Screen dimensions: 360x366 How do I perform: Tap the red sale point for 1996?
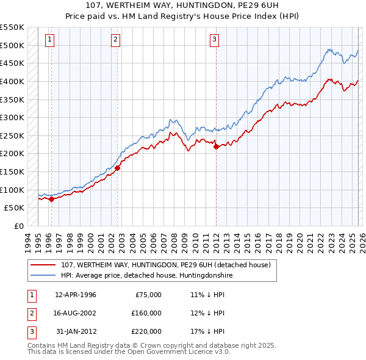coord(51,198)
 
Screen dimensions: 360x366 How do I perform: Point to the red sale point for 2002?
coord(118,168)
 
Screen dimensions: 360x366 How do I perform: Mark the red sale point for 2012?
coord(216,146)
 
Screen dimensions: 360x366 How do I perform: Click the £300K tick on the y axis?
coord(12,117)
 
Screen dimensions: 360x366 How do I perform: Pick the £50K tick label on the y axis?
coord(14,207)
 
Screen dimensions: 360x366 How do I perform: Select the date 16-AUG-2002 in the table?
coord(75,313)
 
